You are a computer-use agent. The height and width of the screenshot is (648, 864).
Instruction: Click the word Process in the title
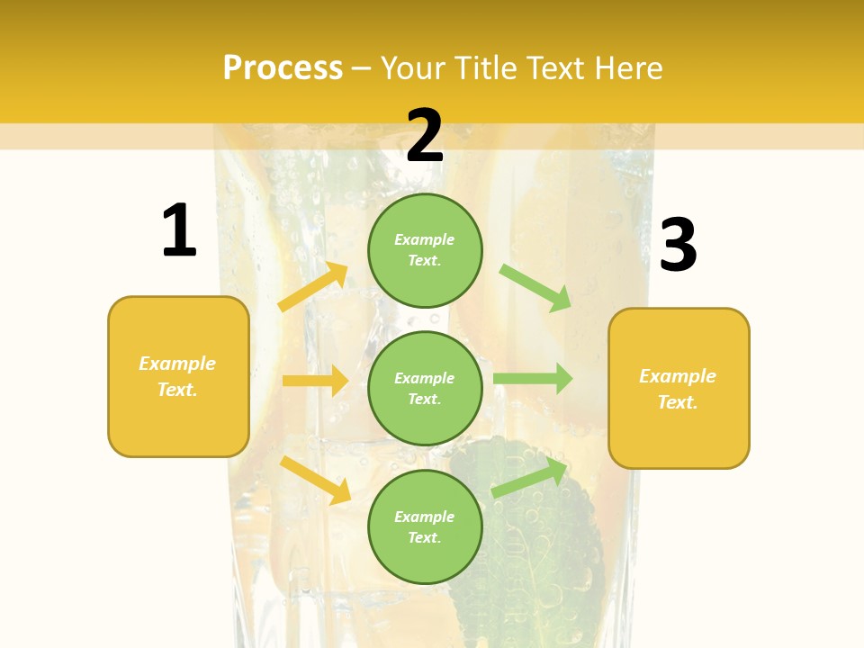coord(283,68)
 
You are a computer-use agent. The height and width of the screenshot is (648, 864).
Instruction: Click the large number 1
coord(179,230)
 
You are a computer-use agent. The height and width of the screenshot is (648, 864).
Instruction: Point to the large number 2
coord(425,135)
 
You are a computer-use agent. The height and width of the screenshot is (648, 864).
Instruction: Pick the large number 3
coord(679,245)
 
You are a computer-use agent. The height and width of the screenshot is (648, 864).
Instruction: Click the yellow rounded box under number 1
coord(178,376)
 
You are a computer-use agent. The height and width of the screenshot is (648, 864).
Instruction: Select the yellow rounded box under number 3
coord(679,389)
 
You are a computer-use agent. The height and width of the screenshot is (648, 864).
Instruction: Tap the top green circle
coord(425,249)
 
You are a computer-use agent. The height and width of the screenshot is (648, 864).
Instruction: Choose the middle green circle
coord(425,388)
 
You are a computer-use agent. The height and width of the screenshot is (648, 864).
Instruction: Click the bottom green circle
coord(425,526)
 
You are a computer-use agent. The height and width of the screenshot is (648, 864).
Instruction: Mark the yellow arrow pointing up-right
coord(313,286)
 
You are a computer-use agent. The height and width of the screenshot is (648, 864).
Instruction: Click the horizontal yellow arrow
coord(315,381)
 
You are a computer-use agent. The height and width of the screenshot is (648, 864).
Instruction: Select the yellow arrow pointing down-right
coord(316,480)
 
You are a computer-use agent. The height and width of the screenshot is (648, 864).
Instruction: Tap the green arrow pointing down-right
coord(535,287)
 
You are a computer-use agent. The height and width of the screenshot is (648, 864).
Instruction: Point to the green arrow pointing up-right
coord(530,477)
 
